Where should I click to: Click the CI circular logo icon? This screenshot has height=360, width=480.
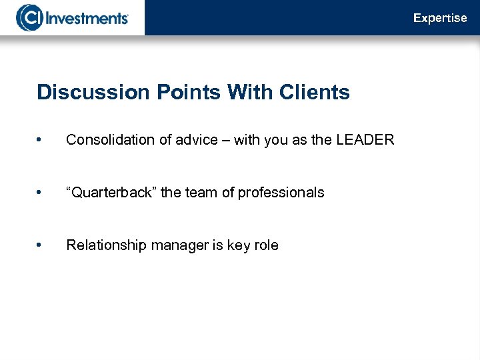point(29,17)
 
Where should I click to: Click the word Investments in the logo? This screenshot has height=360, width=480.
point(87,17)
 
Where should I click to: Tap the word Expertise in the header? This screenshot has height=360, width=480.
point(440,18)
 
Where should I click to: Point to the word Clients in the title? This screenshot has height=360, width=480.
point(314,92)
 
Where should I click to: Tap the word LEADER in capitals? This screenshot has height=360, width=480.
point(366,140)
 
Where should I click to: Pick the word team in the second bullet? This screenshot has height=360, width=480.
point(201,193)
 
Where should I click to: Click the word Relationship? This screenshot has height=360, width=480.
point(107,245)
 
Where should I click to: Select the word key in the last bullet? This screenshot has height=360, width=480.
point(239,245)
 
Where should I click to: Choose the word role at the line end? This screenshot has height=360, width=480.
point(267,245)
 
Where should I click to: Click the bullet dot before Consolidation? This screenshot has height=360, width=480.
point(41,140)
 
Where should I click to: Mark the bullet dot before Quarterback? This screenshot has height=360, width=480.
point(41,193)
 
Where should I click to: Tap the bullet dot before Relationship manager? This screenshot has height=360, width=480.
point(41,245)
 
